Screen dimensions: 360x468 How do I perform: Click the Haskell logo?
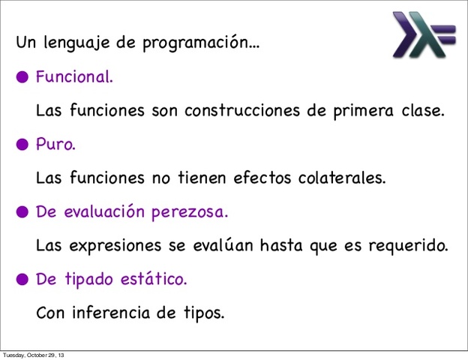pos(423,34)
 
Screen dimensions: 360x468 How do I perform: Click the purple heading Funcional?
pos(74,76)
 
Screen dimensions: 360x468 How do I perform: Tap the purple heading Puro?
pos(55,144)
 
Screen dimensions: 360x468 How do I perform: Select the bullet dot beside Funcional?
pos(23,76)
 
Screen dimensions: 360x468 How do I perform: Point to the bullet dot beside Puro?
pos(23,144)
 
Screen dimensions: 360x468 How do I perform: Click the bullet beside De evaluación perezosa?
pos(23,211)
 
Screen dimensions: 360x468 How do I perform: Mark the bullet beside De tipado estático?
pos(23,279)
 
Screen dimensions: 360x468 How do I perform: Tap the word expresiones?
pos(109,246)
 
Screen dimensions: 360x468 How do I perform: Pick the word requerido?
pos(411,246)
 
